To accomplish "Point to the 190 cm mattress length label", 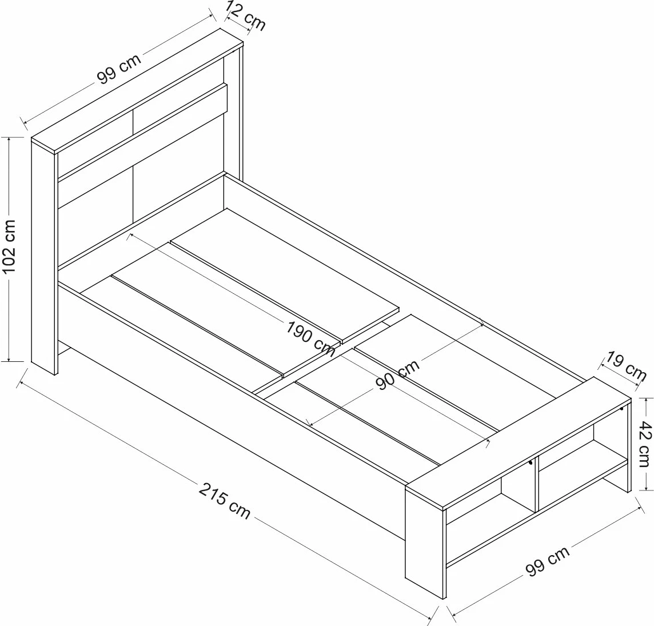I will tap(311, 338).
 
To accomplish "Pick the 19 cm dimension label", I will tap(626, 367).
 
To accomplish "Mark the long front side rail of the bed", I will tap(229, 394).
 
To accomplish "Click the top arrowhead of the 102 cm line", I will tap(10, 139).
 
